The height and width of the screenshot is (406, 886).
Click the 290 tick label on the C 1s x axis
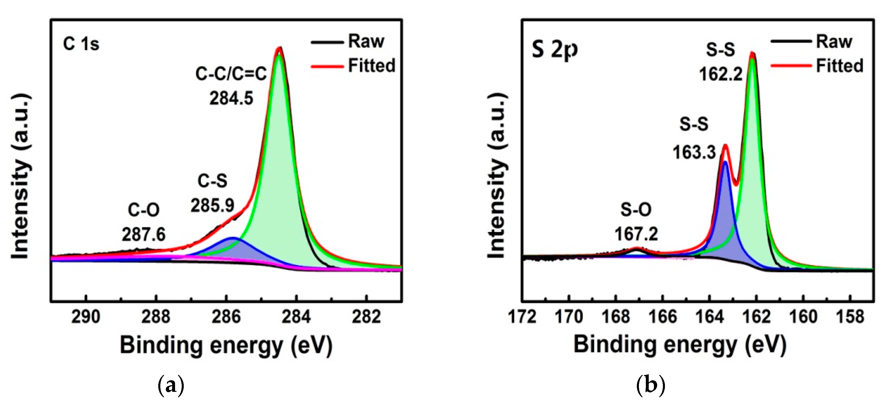[x=86, y=317]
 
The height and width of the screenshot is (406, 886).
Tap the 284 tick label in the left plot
[x=296, y=317]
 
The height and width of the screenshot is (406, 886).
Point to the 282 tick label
[x=366, y=317]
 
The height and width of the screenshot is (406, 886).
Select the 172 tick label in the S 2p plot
[x=522, y=317]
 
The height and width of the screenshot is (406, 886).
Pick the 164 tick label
[x=709, y=317]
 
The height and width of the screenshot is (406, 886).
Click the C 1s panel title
[x=81, y=44]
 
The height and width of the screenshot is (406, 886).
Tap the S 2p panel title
[x=554, y=50]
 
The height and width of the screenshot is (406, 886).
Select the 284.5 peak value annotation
[x=231, y=98]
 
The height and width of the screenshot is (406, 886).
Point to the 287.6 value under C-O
[x=144, y=235]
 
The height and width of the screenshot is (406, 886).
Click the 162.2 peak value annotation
[x=720, y=73]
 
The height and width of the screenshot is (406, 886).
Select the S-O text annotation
[x=636, y=209]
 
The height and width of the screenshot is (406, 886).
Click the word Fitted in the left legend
[x=372, y=65]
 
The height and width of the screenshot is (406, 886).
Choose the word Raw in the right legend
[x=834, y=42]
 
